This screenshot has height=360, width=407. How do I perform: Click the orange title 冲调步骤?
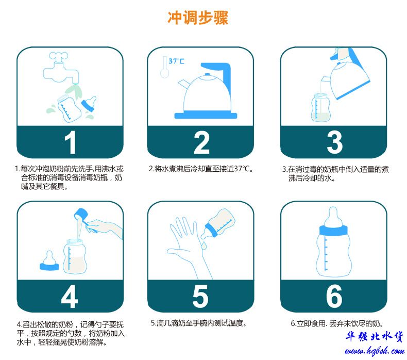coord(198,18)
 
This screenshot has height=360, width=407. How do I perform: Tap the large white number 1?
coord(70,142)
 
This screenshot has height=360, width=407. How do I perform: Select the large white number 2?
coord(201,142)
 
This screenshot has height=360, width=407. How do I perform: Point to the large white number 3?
coord(334,142)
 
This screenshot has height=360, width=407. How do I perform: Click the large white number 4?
coord(70,297)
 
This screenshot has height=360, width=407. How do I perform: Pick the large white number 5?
coord(200,297)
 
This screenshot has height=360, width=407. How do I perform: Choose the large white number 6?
coord(334,297)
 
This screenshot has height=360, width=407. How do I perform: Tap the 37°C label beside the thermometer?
coord(176,61)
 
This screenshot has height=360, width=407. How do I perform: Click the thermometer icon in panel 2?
coord(164,67)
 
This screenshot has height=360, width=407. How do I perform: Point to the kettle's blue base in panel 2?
coord(206,115)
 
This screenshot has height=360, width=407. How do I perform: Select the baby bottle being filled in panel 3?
coord(320,107)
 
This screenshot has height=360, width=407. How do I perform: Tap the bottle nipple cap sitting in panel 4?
coord(49,260)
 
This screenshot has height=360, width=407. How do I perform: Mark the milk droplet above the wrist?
coord(204,246)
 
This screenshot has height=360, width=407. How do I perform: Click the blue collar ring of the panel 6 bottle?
coord(333,231)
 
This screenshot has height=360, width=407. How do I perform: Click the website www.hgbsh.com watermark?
coord(375,351)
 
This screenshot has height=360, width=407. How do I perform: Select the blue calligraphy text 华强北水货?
coord(374,337)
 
